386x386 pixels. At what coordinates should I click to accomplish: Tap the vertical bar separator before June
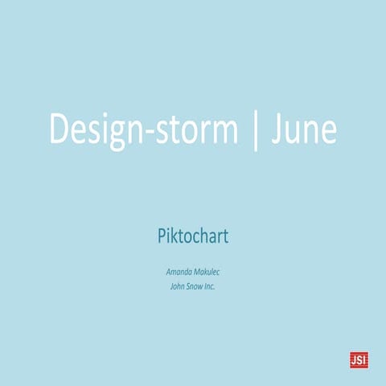(256, 129)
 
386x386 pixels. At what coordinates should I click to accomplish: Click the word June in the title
(303, 129)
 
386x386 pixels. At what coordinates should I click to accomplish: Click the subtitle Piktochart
(193, 238)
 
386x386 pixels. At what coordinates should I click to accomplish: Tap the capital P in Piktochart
(160, 238)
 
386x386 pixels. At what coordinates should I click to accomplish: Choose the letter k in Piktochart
(173, 238)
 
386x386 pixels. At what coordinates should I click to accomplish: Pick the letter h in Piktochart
(204, 238)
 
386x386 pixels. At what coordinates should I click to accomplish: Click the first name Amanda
(179, 271)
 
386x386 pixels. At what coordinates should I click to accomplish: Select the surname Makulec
(207, 271)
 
